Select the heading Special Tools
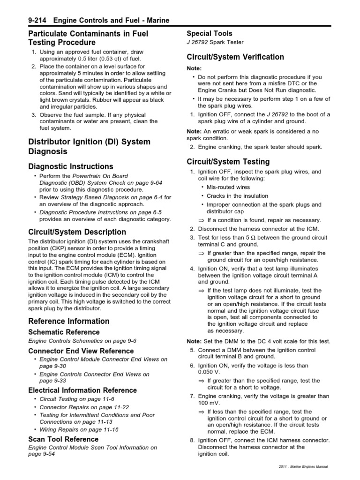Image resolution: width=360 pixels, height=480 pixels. point(210,33)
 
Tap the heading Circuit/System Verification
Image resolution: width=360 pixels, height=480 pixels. point(235,57)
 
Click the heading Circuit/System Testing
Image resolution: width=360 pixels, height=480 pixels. point(228,162)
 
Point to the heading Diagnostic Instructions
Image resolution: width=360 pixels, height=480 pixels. point(71,166)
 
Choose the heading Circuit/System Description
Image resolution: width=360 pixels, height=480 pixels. point(77,232)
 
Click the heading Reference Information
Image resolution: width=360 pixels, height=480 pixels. point(69,321)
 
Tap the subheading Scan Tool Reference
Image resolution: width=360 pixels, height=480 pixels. point(63,439)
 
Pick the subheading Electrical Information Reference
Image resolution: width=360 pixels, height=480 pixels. point(82,390)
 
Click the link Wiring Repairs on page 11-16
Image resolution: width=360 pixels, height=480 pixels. point(79,429)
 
